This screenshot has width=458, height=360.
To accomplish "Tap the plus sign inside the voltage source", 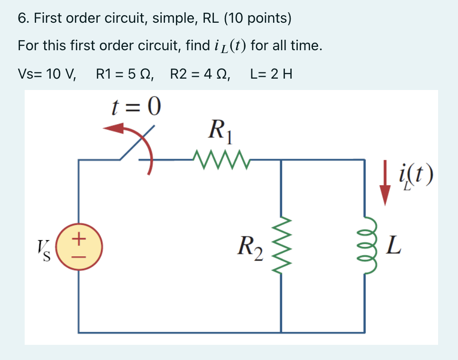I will [79, 236].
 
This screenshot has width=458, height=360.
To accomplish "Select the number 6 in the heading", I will [22, 18].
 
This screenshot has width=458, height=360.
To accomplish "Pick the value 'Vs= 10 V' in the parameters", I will [47, 74].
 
